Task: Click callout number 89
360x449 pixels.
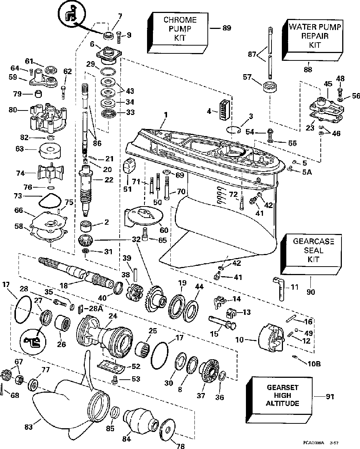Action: [226, 28]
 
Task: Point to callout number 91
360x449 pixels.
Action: [330, 397]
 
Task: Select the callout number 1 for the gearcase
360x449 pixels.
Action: [166, 115]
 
